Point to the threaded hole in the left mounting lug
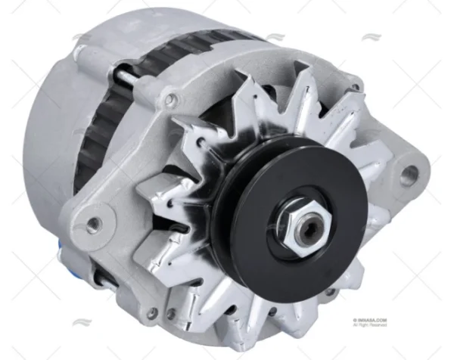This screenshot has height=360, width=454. [94, 224]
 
